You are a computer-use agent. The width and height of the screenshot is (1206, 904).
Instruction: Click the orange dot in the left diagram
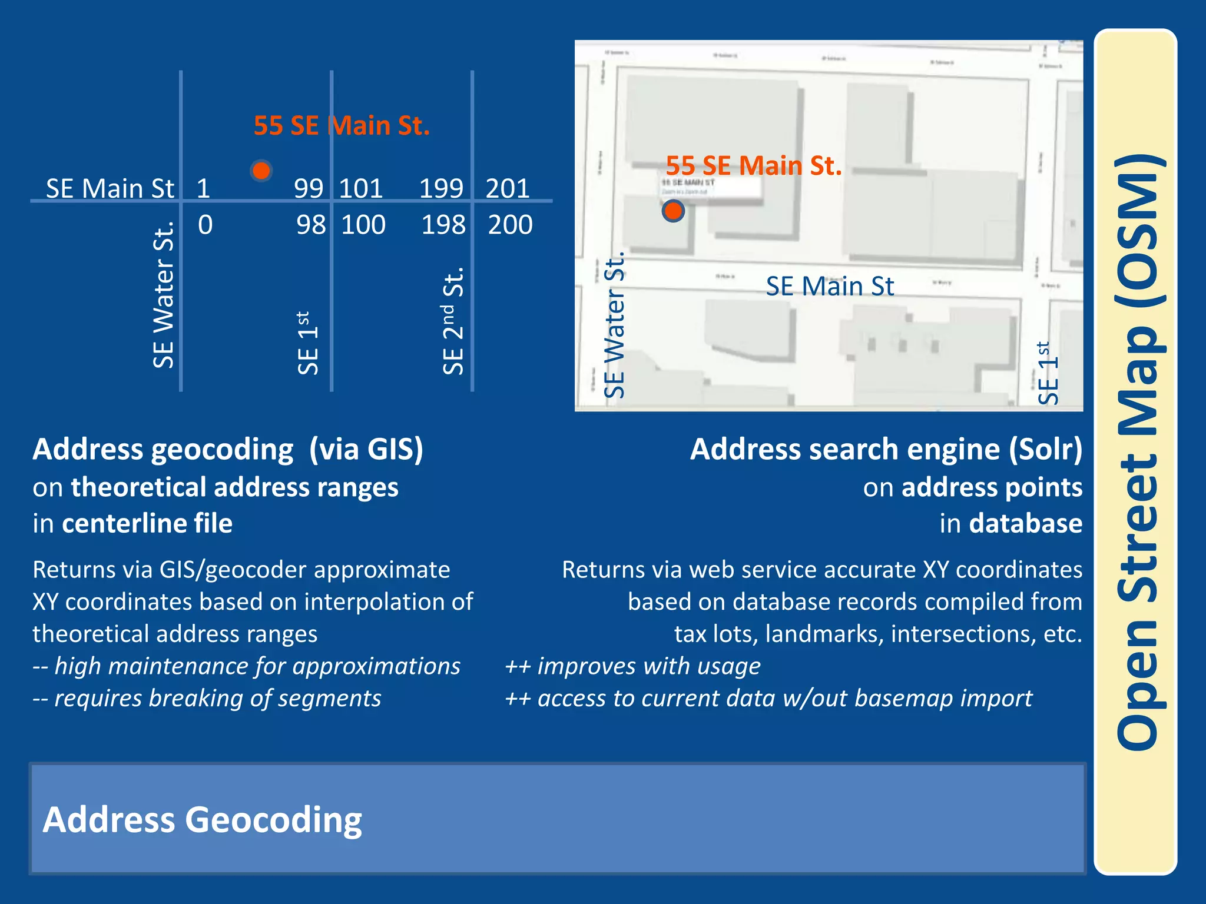click(x=261, y=170)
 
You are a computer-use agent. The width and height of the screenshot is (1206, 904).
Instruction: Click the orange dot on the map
click(x=672, y=211)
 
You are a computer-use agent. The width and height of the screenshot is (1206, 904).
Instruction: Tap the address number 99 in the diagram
click(x=309, y=189)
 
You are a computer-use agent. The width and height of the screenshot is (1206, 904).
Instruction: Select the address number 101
click(x=361, y=189)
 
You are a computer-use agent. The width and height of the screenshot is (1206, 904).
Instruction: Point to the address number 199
click(x=440, y=189)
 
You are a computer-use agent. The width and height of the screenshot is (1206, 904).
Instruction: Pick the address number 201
click(x=507, y=189)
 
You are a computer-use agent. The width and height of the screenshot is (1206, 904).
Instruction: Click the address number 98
click(x=311, y=225)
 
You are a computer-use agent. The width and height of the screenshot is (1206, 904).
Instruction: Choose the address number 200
click(x=510, y=225)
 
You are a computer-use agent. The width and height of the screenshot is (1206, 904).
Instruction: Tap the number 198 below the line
click(x=443, y=225)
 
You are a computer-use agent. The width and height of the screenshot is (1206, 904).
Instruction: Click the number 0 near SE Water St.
click(x=205, y=225)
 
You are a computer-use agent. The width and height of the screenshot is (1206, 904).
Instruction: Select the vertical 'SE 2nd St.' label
click(x=453, y=321)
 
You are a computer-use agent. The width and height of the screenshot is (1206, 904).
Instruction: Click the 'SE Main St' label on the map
click(x=830, y=287)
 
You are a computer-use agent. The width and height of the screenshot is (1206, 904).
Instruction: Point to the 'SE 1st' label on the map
click(x=1048, y=373)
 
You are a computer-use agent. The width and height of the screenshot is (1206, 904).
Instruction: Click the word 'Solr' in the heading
click(x=1045, y=450)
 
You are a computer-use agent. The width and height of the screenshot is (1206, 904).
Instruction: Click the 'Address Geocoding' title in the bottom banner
click(x=202, y=820)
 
